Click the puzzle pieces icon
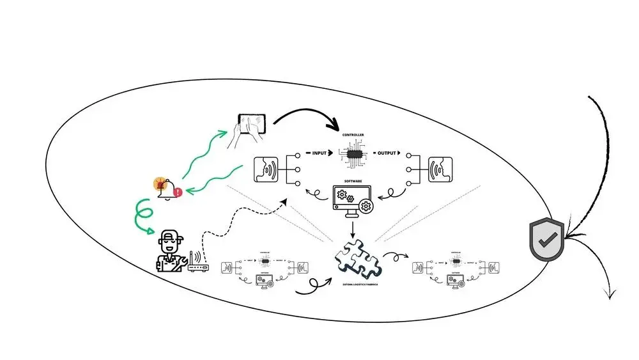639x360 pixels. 357,258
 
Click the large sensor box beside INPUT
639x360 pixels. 269,171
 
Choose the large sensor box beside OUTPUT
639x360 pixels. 440,171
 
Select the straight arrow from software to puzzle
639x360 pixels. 351,228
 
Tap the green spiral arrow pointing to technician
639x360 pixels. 141,217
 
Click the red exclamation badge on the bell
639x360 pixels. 177,191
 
